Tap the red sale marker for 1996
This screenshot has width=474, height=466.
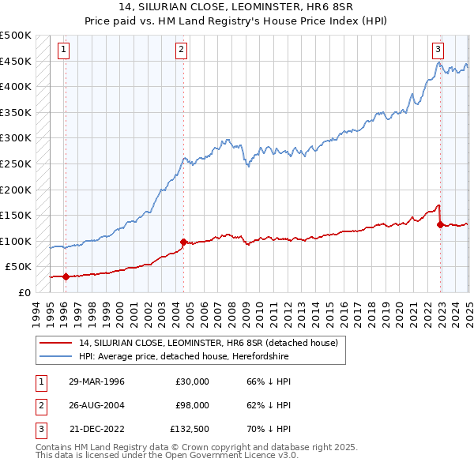(x=66, y=276)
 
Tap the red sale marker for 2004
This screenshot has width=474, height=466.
(x=183, y=242)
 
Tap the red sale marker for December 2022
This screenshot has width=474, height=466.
(x=440, y=224)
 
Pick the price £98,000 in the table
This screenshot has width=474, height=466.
(x=192, y=405)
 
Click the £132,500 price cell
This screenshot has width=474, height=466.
(x=190, y=429)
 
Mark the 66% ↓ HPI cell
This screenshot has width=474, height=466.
(x=269, y=381)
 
